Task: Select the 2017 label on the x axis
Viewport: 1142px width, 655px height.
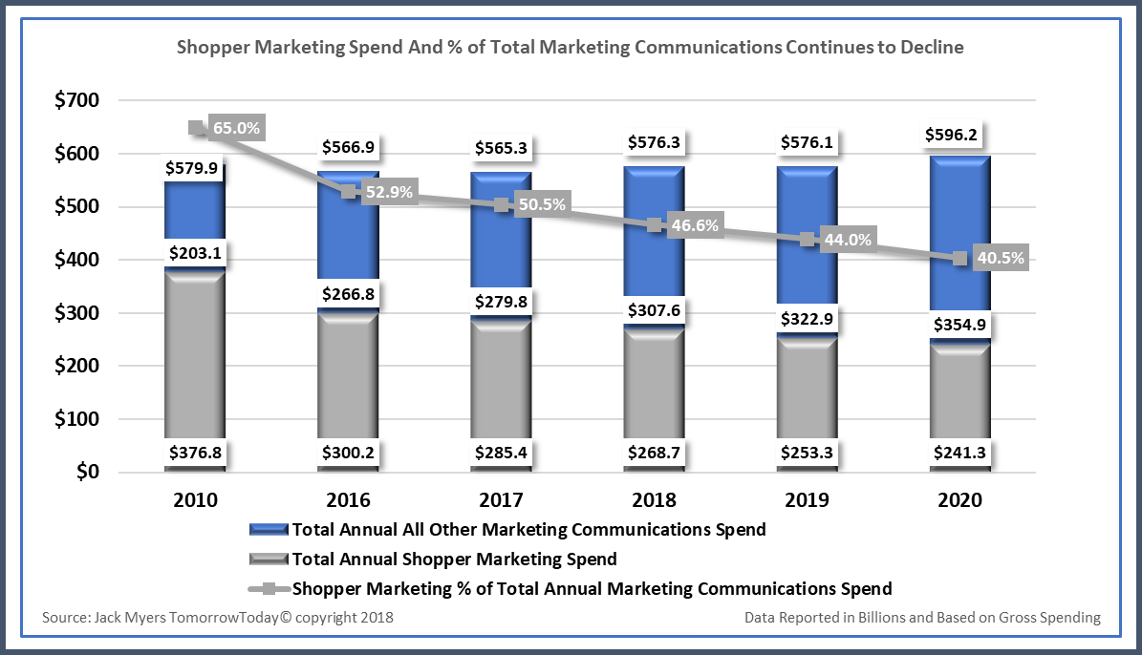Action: tap(502, 500)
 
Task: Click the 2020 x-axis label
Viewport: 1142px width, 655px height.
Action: tap(959, 500)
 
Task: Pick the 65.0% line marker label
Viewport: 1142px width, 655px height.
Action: tap(236, 128)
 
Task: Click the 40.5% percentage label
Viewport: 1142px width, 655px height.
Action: tap(1002, 258)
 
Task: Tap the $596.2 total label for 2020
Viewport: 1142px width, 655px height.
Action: tap(959, 136)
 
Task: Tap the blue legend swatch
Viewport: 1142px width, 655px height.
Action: tap(269, 529)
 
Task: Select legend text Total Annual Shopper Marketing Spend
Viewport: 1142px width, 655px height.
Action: tap(454, 560)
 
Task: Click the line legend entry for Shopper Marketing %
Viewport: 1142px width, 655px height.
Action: tap(269, 588)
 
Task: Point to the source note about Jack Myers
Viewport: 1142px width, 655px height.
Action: tap(218, 618)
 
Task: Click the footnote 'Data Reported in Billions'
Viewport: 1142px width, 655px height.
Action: tap(922, 618)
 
